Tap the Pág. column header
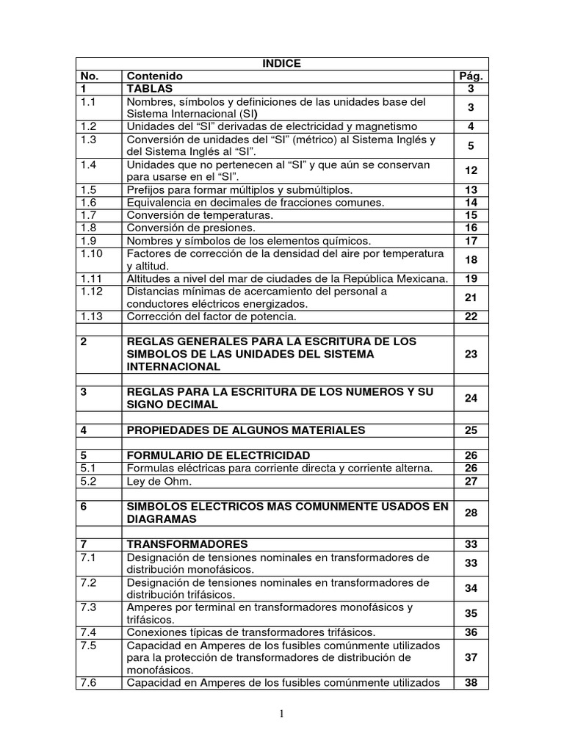click(x=471, y=76)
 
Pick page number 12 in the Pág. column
click(x=471, y=170)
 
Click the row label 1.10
click(x=93, y=253)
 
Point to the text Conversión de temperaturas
click(x=200, y=215)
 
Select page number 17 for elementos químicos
click(x=471, y=241)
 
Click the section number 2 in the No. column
click(x=84, y=342)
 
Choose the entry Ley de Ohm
click(x=159, y=482)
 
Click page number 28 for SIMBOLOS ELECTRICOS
click(x=471, y=513)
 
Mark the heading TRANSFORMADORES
click(x=187, y=544)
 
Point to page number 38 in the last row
click(x=471, y=683)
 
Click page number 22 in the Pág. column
click(x=471, y=317)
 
